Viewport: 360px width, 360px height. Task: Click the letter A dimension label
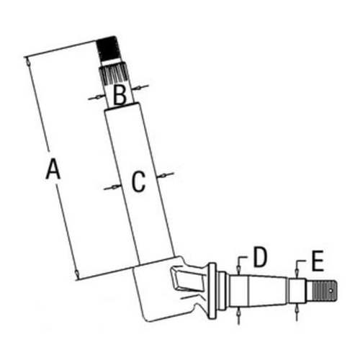point(53,170)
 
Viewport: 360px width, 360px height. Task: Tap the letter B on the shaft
point(120,92)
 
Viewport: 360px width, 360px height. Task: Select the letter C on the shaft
point(138,181)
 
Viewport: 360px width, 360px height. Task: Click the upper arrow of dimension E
point(297,272)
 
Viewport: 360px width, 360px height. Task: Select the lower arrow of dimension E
point(297,311)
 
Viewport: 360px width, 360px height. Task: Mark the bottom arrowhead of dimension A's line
point(76,274)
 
